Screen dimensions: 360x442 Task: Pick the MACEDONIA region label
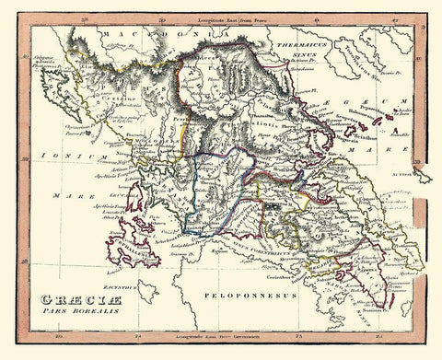click(138, 35)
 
